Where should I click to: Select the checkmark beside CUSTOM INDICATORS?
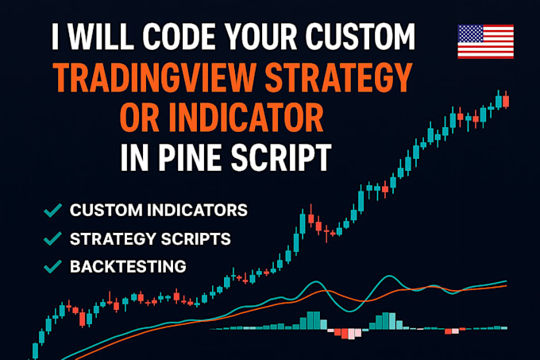54,211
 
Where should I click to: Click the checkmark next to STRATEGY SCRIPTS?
54,238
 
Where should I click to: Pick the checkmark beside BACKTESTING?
54,265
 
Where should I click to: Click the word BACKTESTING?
129,265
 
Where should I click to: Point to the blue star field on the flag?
471,35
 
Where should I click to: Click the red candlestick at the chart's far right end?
506,101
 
